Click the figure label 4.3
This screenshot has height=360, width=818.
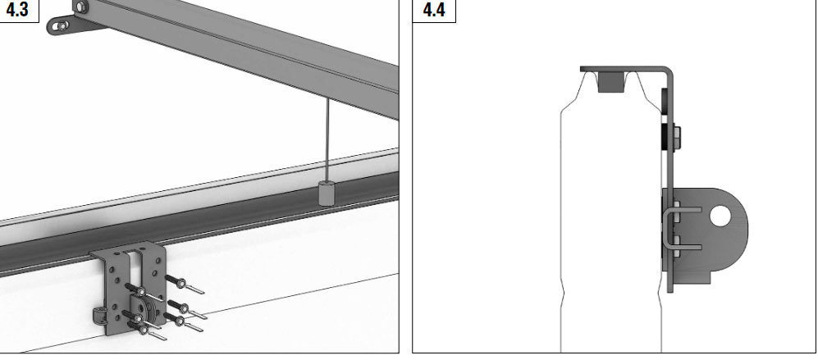16,9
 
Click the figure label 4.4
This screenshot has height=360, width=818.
434,9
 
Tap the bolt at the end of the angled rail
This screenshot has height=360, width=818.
80,7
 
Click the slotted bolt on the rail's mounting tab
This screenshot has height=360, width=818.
62,25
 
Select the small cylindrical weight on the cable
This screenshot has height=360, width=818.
327,193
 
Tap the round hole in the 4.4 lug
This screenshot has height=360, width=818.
720,216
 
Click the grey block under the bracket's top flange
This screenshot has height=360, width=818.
610,82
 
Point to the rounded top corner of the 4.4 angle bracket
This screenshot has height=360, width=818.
669,71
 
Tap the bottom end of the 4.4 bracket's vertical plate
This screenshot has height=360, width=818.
670,290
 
